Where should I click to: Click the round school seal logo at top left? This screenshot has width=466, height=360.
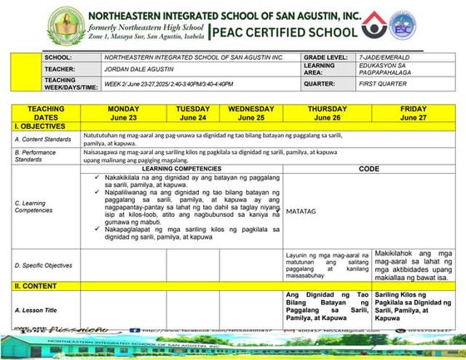click(x=64, y=25)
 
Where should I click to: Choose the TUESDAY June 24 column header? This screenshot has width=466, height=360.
click(x=193, y=113)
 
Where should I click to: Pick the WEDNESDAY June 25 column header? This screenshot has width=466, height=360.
click(x=250, y=113)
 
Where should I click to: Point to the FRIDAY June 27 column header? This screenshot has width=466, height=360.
click(x=413, y=113)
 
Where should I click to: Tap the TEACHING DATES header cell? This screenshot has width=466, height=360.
click(x=46, y=113)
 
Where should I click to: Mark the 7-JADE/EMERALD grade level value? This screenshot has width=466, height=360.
click(x=384, y=57)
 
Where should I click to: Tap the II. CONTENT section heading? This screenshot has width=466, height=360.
click(x=36, y=285)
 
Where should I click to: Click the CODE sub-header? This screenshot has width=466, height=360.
click(x=369, y=169)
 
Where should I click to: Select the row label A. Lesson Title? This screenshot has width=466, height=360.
click(x=37, y=309)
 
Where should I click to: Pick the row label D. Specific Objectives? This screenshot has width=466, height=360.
click(x=43, y=265)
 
